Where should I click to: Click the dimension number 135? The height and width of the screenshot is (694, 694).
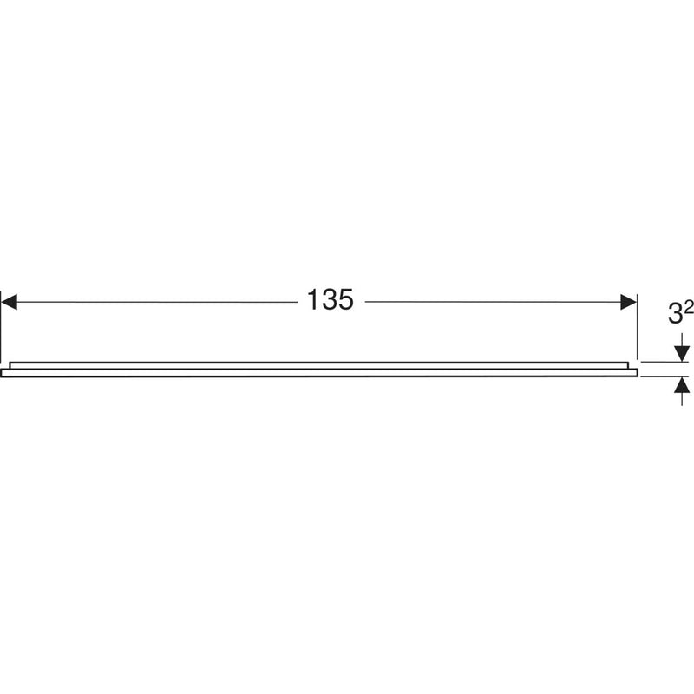click(x=330, y=301)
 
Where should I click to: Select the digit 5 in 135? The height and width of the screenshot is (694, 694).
click(x=347, y=301)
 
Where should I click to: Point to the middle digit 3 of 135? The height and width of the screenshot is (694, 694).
click(x=330, y=301)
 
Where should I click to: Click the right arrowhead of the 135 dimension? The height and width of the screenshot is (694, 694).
click(x=628, y=301)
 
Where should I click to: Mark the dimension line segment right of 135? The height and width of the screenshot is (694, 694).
click(x=494, y=301)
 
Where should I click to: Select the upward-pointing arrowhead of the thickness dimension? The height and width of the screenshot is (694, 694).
click(x=682, y=384)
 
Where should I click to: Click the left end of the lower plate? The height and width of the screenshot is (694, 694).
click(x=3, y=372)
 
